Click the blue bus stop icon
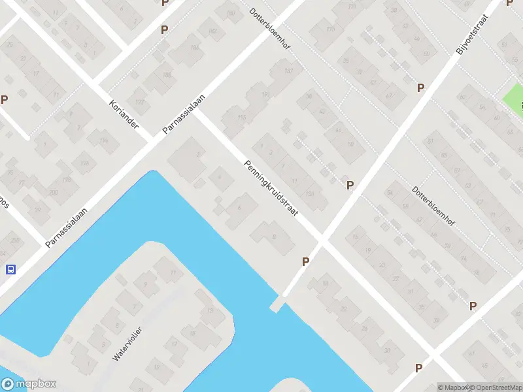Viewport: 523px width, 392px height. (x=10, y=269)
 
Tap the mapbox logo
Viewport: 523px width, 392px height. (x=29, y=384)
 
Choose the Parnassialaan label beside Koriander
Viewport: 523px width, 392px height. (x=184, y=114)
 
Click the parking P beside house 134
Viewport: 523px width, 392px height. (x=350, y=186)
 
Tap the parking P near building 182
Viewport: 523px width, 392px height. (x=164, y=29)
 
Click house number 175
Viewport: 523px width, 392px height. (x=330, y=29)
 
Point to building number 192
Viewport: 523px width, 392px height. (x=139, y=102)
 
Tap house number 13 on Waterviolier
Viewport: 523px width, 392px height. (x=210, y=310)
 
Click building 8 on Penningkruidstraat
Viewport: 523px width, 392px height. (x=273, y=236)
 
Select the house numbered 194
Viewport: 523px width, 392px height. (x=103, y=141)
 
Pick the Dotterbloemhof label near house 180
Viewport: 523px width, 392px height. (x=269, y=31)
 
